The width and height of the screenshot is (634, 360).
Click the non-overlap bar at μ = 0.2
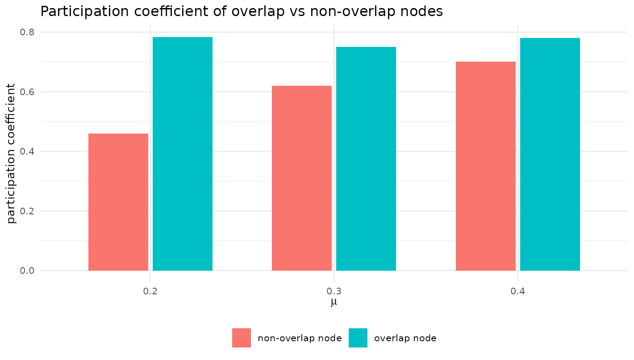point(118,202)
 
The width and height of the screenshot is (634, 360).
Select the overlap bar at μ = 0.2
point(183,154)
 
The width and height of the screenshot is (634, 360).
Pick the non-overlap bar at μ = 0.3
point(302,178)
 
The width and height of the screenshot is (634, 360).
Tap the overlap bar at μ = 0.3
point(366,159)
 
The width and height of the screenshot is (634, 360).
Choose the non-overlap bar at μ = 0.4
point(486,166)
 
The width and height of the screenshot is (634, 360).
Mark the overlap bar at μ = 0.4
point(550,155)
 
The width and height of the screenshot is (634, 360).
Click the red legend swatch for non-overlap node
point(242,338)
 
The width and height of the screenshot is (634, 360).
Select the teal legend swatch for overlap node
point(358,338)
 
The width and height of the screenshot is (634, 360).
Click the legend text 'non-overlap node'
point(300,338)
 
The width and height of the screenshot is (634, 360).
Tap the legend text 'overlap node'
point(405,338)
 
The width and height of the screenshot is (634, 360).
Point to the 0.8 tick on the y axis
point(27,32)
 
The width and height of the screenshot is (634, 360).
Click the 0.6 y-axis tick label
point(27,92)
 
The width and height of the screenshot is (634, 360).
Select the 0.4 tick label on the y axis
point(27,151)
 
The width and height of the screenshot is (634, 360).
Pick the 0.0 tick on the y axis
point(27,271)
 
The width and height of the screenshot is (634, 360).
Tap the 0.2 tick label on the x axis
point(150,291)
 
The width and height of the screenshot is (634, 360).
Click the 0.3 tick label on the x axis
point(334,291)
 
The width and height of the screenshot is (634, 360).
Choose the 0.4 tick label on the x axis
point(517,291)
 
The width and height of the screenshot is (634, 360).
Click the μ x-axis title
point(334,302)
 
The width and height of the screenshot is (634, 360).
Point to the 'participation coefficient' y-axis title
point(11,154)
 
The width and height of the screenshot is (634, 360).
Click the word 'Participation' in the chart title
point(85,12)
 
